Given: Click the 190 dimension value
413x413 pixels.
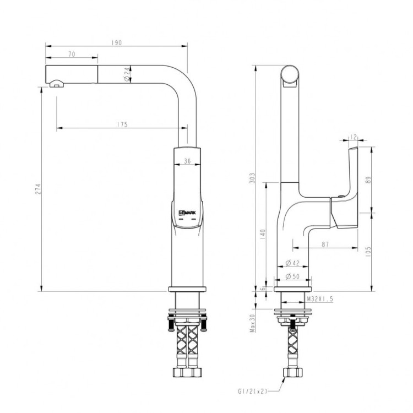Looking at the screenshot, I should pyautogui.click(x=117, y=42).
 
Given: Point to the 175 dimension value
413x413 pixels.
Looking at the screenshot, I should pyautogui.click(x=122, y=125).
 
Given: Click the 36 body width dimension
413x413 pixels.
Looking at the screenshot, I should pyautogui.click(x=187, y=161).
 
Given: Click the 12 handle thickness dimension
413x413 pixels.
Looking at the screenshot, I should pyautogui.click(x=354, y=136).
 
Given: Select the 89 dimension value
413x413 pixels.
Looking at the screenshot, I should pyautogui.click(x=369, y=179).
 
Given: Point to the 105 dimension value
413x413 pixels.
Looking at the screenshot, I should pyautogui.click(x=369, y=251).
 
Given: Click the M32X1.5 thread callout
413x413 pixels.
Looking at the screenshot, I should pyautogui.click(x=319, y=299).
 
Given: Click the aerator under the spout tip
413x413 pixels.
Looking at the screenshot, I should pyautogui.click(x=56, y=84).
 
